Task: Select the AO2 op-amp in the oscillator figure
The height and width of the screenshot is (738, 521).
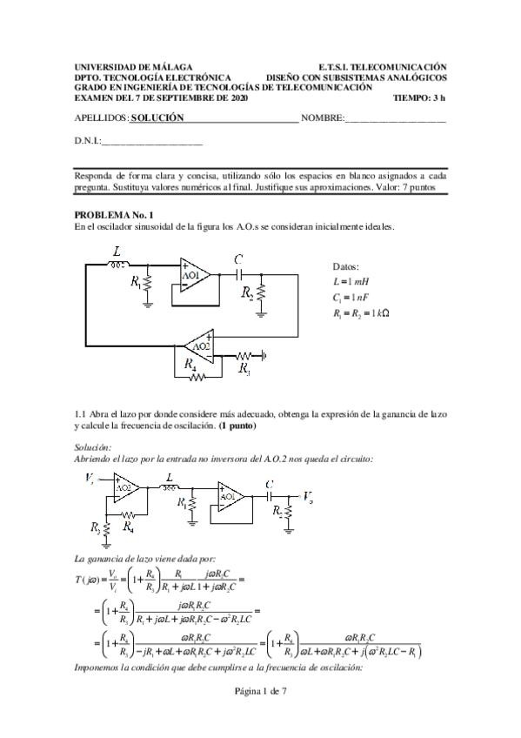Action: (x=201, y=346)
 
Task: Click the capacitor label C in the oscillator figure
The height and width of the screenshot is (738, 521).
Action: (x=237, y=258)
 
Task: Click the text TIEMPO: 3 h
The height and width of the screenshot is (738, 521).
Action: (x=419, y=98)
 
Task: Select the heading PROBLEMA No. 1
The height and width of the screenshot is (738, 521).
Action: (x=114, y=214)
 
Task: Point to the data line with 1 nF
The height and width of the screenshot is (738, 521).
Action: (x=351, y=299)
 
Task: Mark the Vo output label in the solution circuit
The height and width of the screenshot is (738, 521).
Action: (x=307, y=495)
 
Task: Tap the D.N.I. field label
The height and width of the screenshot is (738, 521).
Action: (x=88, y=141)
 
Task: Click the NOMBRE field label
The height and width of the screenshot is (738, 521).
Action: (x=322, y=117)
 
